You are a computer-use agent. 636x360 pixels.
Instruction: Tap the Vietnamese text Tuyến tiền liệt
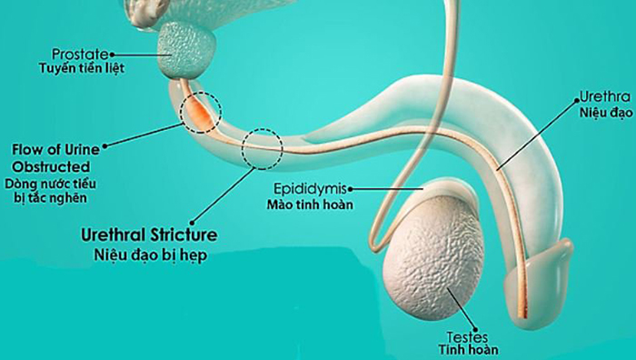click(81, 68)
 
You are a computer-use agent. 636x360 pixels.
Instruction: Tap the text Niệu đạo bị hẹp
click(150, 255)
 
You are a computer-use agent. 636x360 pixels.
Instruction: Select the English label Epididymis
click(308, 188)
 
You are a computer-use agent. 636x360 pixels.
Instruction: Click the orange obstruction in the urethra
click(197, 112)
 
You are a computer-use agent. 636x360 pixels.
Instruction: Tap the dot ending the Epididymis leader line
click(348, 188)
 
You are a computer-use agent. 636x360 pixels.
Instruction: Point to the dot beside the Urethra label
click(574, 95)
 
